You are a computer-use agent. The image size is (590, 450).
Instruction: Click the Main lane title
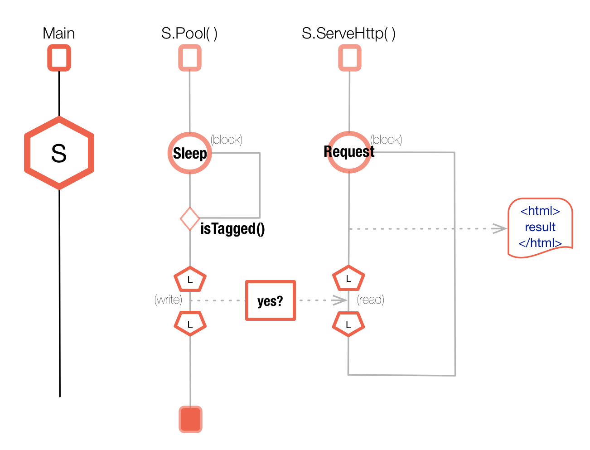tap(58, 34)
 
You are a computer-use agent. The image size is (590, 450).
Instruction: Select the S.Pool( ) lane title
tap(189, 34)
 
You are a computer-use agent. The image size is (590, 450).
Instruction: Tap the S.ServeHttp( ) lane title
tap(348, 34)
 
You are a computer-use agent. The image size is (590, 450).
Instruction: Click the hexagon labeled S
tap(59, 153)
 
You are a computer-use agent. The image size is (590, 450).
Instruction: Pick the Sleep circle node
tap(190, 153)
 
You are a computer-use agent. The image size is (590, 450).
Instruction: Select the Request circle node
tap(349, 152)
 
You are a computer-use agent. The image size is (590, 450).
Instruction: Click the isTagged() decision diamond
tap(190, 219)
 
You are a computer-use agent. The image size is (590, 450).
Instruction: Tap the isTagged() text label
tap(232, 229)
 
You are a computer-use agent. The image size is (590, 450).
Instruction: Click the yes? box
tap(271, 300)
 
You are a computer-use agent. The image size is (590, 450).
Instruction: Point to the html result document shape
tap(540, 227)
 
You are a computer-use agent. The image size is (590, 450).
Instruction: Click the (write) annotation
tap(168, 300)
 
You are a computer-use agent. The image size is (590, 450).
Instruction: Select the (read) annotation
tap(371, 300)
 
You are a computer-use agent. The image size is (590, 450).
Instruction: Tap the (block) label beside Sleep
tap(227, 140)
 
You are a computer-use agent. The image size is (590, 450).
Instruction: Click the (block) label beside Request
tap(386, 140)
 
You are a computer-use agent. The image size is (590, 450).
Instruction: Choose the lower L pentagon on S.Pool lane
tap(190, 324)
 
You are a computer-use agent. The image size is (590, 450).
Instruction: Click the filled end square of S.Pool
tap(190, 420)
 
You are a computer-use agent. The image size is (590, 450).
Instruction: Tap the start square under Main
tap(59, 58)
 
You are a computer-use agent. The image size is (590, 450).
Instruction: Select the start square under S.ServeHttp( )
tap(349, 58)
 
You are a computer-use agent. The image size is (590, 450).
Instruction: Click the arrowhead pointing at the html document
tap(500, 228)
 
